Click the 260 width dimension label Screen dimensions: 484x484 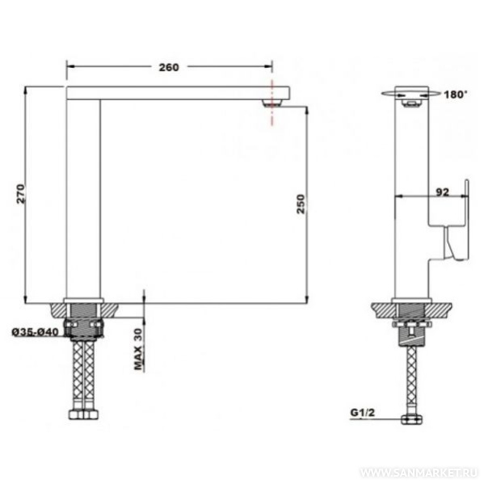tap(169, 67)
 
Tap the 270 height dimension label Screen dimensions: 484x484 tap(21, 194)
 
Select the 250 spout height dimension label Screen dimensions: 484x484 tap(301, 204)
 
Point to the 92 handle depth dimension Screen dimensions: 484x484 tap(442, 192)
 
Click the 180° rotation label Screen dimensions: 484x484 tap(456, 95)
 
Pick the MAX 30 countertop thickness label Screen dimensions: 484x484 tap(138, 349)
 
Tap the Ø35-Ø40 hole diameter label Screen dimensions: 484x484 tap(36, 332)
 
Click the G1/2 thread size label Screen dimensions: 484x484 tap(362, 412)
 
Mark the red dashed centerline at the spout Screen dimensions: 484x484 tap(272, 102)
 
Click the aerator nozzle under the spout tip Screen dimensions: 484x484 tap(272, 103)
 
